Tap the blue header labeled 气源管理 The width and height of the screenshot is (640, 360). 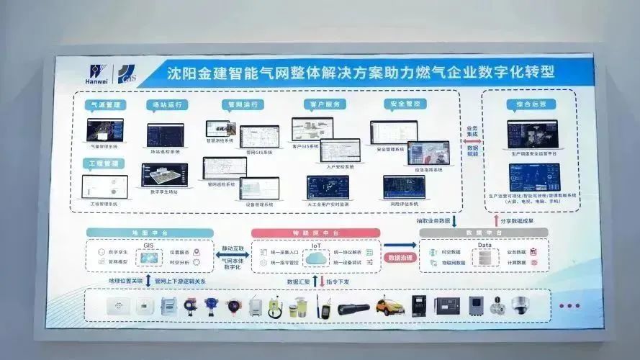(104, 105)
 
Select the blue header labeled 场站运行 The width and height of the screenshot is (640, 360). (166, 105)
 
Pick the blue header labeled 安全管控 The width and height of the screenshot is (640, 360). (402, 104)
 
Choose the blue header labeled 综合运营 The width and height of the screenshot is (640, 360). (531, 104)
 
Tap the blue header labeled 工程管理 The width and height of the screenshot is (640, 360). (104, 163)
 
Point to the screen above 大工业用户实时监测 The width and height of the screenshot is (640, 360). (328, 186)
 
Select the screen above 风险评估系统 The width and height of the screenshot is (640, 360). (404, 186)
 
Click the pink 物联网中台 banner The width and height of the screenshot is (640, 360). (315, 233)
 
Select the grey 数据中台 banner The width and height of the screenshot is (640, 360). (484, 233)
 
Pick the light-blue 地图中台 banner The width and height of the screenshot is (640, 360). (150, 233)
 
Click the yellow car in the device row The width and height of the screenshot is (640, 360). (389, 307)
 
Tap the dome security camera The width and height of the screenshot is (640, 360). (519, 305)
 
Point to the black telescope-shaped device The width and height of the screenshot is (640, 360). (353, 308)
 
